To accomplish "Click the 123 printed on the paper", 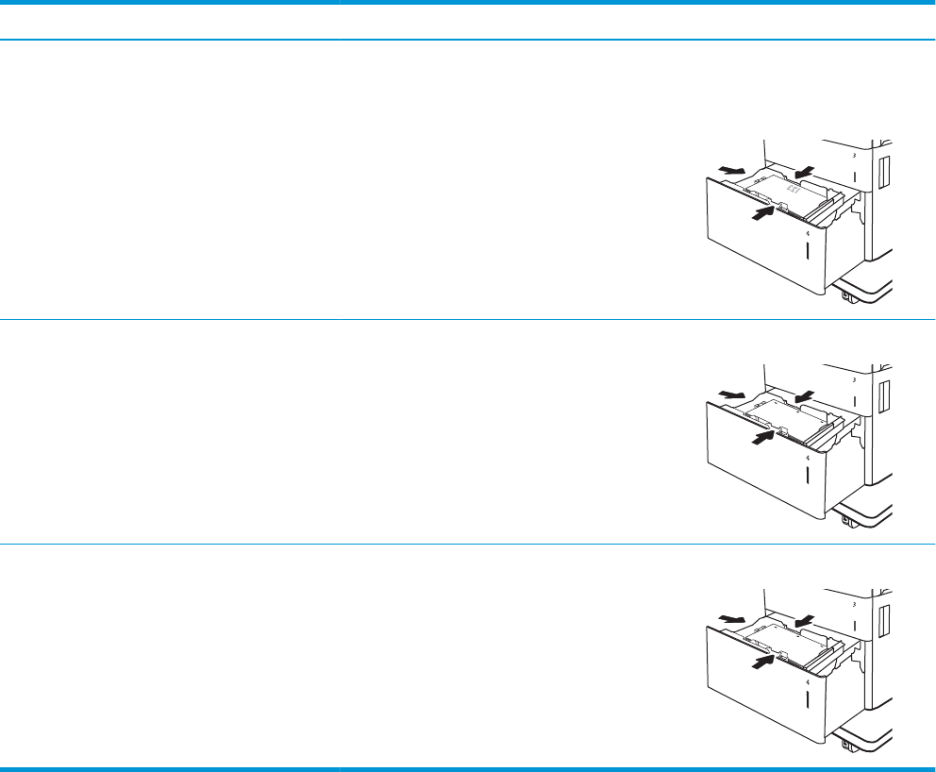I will [x=794, y=191].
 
